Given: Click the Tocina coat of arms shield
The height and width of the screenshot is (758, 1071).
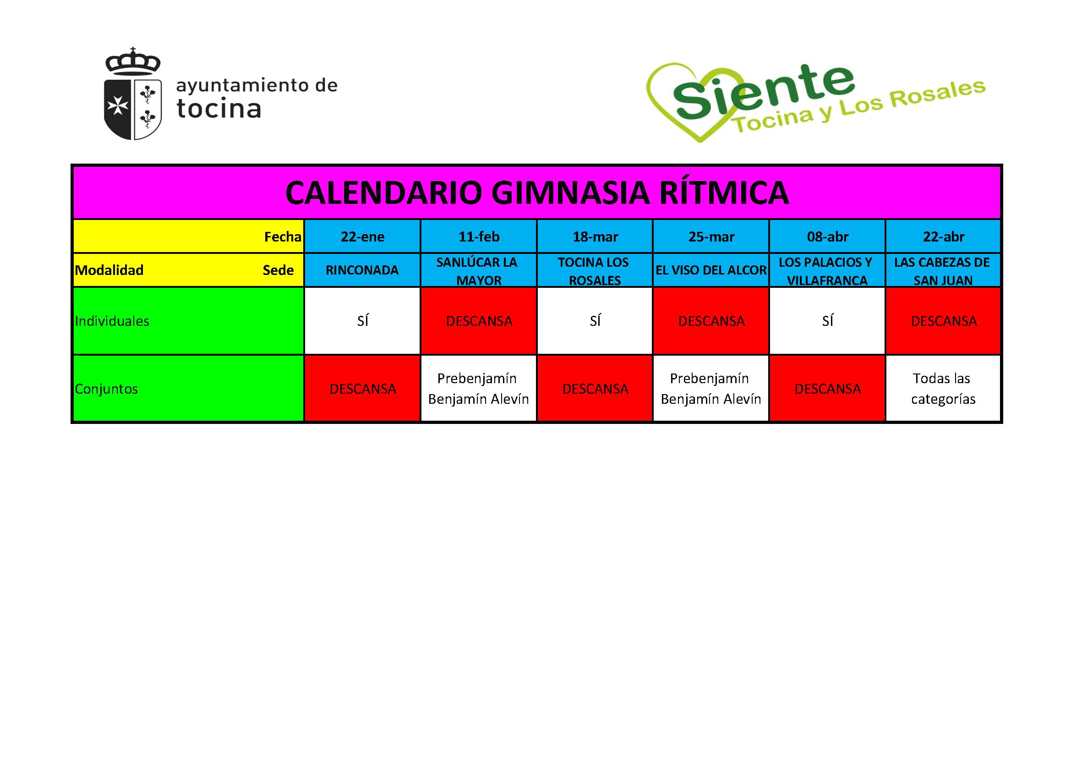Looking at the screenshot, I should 132,108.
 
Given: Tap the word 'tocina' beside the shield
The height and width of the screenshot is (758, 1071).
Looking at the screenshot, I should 219,108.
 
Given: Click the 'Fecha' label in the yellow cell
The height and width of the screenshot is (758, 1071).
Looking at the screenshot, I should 282,236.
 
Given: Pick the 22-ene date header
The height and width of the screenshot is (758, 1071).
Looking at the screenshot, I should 362,236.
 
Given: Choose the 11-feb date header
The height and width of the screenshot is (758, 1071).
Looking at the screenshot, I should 479,236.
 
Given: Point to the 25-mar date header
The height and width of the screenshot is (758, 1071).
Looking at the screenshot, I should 711,236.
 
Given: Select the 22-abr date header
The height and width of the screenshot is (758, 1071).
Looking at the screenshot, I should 943,236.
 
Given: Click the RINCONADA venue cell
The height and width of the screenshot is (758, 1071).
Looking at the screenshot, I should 362,270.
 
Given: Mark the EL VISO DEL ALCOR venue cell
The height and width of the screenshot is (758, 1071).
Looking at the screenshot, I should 711,270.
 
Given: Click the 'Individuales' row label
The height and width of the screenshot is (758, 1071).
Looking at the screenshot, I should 112,321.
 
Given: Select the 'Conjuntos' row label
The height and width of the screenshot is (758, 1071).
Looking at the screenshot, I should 106,389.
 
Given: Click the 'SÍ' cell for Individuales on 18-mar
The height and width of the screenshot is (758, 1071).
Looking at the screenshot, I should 595,321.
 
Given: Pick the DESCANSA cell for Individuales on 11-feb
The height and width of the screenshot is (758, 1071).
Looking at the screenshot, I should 479,321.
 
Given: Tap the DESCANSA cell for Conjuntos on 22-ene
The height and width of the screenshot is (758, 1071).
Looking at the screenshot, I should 362,389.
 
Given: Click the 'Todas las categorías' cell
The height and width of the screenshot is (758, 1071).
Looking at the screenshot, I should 943,388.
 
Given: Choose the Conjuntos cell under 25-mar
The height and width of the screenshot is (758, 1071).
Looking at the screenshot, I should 711,388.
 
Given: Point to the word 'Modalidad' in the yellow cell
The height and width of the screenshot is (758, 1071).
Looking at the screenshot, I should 109,270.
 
